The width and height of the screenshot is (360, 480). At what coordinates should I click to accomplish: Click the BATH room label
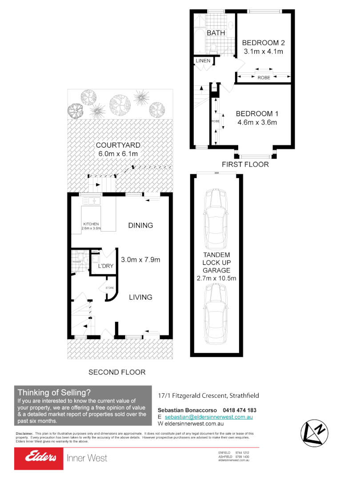point(216,33)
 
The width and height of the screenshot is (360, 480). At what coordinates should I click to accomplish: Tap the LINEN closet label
point(203,60)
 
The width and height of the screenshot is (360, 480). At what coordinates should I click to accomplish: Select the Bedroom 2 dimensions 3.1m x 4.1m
point(263,52)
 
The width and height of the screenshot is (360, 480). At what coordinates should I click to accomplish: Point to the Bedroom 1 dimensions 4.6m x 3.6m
point(256,122)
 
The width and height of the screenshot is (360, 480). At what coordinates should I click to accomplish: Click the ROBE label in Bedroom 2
point(264,78)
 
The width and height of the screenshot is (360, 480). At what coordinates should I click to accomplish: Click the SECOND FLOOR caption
point(117,372)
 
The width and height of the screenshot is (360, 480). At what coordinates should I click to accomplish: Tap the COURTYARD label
point(118,145)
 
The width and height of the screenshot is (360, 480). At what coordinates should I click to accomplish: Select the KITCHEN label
point(91,224)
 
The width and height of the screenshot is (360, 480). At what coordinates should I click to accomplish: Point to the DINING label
point(140,225)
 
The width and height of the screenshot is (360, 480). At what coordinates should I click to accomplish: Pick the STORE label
point(110,288)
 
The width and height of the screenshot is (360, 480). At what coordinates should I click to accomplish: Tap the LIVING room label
point(140,297)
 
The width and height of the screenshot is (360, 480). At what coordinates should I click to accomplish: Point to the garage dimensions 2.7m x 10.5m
point(216,279)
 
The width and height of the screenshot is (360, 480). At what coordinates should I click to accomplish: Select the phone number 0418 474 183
point(240,410)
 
